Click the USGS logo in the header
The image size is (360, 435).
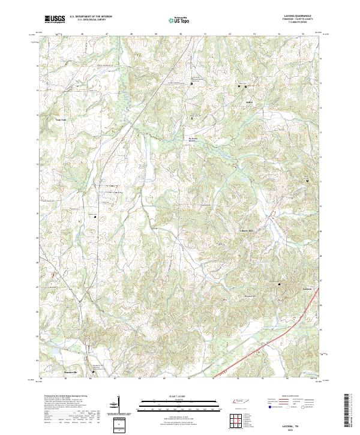tap(55, 19)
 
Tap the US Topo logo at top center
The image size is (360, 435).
tap(181, 19)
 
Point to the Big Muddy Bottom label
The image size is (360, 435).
tap(193, 140)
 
